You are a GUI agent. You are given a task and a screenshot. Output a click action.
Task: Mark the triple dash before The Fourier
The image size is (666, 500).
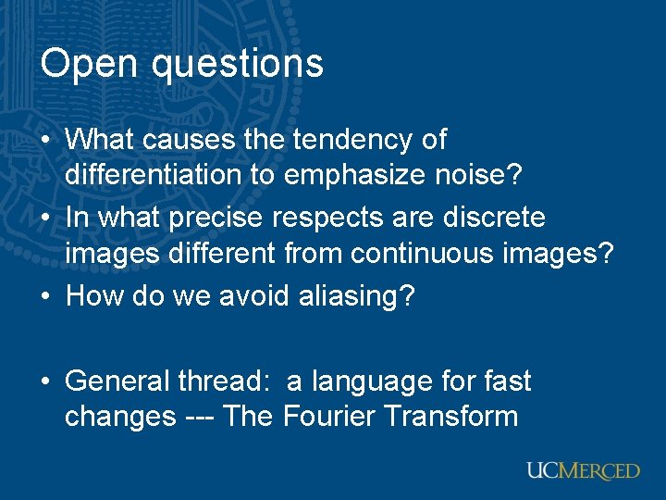pyautogui.click(x=199, y=417)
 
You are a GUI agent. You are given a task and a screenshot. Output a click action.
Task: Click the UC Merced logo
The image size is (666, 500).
pyautogui.click(x=583, y=470)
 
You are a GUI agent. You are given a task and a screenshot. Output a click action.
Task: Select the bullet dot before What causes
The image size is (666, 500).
pyautogui.click(x=48, y=141)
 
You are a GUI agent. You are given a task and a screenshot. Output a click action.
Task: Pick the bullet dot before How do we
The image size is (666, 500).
pyautogui.click(x=48, y=296)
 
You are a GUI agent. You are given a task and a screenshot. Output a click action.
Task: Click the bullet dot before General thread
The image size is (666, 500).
pyautogui.click(x=48, y=381)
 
